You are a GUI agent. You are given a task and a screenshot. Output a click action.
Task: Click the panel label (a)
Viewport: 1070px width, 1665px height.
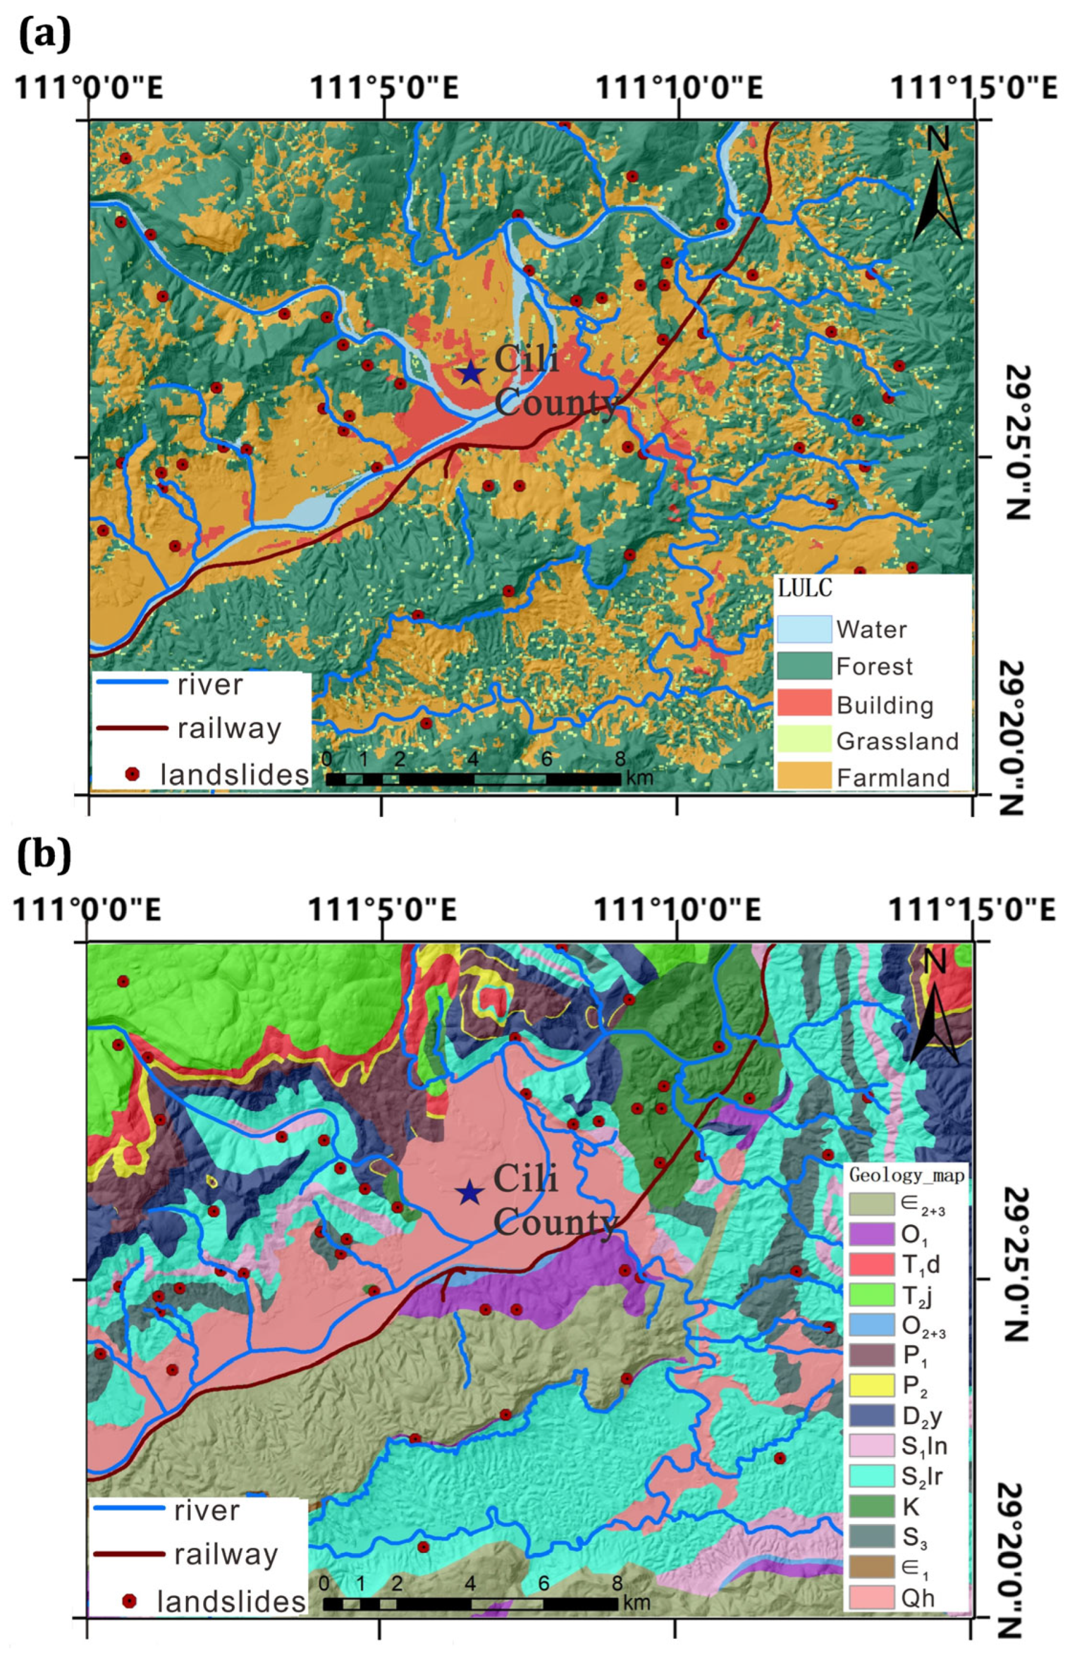[43, 35]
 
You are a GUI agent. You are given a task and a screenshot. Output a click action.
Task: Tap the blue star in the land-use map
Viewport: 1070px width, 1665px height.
[471, 372]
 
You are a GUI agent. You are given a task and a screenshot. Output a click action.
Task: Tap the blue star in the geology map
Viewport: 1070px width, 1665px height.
[470, 1193]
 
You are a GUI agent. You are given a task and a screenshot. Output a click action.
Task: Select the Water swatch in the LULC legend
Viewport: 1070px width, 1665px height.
[804, 629]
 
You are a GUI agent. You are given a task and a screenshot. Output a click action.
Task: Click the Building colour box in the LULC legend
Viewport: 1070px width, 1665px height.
[804, 703]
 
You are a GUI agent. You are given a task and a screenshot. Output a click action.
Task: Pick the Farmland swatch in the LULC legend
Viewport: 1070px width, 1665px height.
[804, 776]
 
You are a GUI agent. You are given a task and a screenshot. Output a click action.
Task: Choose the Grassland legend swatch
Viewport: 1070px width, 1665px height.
[804, 739]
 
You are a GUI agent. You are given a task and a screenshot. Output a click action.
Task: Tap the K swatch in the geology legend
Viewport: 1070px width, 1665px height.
[871, 1506]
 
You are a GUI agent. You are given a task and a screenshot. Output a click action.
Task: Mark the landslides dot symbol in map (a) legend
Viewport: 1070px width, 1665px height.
[131, 774]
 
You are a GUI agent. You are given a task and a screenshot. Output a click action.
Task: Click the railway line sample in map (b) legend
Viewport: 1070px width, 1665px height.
[129, 1553]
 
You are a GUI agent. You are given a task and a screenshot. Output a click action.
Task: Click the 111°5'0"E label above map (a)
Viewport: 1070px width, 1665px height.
[384, 90]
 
